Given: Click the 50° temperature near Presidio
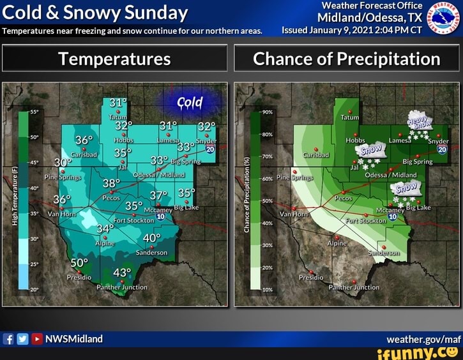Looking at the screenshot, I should [79, 264].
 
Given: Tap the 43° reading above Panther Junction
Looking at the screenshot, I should [121, 273].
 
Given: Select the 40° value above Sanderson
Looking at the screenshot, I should [152, 238].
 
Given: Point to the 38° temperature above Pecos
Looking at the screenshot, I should [111, 184].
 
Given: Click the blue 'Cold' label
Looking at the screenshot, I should [190, 103].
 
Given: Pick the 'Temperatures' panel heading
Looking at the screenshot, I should [114, 59].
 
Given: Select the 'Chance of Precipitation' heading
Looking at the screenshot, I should [346, 59].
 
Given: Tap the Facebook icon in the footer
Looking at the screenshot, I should [8, 339].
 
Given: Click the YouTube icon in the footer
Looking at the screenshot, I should [36, 339].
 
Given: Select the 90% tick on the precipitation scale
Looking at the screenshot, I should [268, 112].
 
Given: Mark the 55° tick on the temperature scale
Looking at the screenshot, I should [34, 112].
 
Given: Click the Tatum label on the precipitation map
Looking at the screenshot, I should [349, 118].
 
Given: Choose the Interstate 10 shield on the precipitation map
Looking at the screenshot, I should [393, 217].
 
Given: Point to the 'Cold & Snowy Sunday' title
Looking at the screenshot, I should [96, 13].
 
